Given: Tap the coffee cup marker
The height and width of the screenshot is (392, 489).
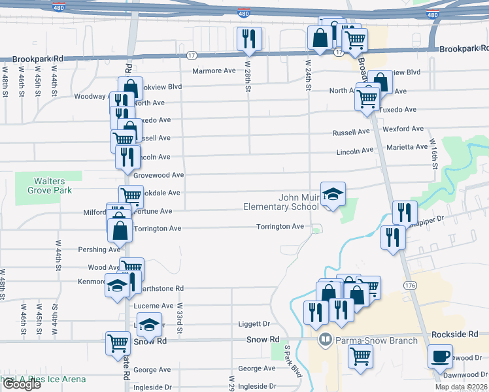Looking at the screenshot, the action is (x=440, y=357).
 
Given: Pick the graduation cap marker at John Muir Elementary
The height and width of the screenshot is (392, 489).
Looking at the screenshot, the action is (x=333, y=193).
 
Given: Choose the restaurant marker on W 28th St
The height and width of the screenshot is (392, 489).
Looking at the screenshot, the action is (x=249, y=39).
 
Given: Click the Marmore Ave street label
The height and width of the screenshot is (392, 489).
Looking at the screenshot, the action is (x=213, y=71).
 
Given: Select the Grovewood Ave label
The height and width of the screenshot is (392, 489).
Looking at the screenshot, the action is (x=159, y=175).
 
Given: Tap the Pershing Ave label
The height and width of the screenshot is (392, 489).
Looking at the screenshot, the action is (x=99, y=250).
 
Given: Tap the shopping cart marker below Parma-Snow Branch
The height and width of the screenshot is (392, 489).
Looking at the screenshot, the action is (x=360, y=357).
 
